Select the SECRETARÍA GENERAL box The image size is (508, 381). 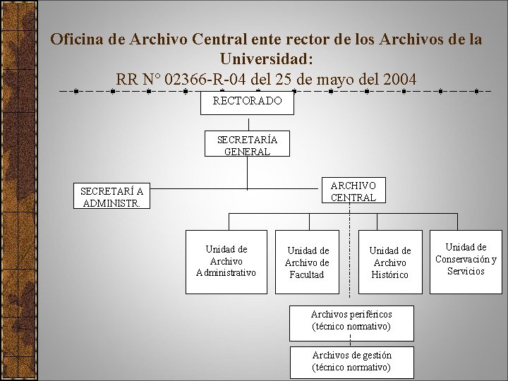247,145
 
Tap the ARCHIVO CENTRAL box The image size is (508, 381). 353,190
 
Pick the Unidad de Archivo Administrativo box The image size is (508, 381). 226,261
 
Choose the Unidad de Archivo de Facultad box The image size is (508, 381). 307,262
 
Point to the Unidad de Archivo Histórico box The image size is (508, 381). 389,262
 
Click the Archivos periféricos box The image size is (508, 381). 351,320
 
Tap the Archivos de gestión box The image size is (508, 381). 351,361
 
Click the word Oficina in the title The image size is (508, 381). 78,39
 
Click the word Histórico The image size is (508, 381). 389,274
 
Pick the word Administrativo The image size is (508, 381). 226,272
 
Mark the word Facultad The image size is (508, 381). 307,274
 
